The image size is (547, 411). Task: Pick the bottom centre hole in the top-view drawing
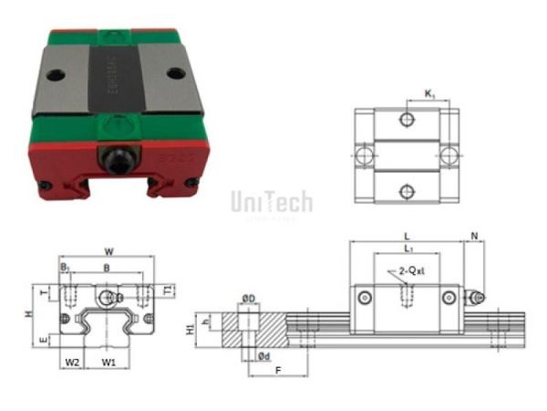[408, 191]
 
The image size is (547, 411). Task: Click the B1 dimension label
[65, 269]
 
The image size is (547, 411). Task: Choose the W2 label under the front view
[73, 363]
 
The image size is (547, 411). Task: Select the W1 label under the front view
[108, 363]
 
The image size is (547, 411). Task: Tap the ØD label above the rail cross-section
[248, 298]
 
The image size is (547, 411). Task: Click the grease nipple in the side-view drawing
[475, 297]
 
